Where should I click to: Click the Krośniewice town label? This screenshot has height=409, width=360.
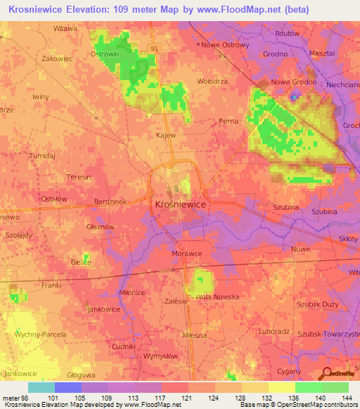tap(179, 203)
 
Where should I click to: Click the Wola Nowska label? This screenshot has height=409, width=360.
tap(217, 297)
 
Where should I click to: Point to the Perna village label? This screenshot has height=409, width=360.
tap(228, 121)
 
